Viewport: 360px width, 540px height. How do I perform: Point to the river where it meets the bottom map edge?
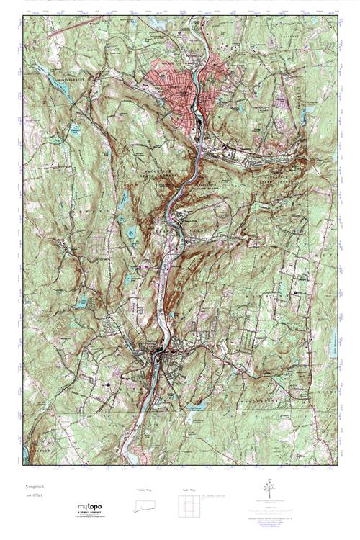click(x=133, y=461)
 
